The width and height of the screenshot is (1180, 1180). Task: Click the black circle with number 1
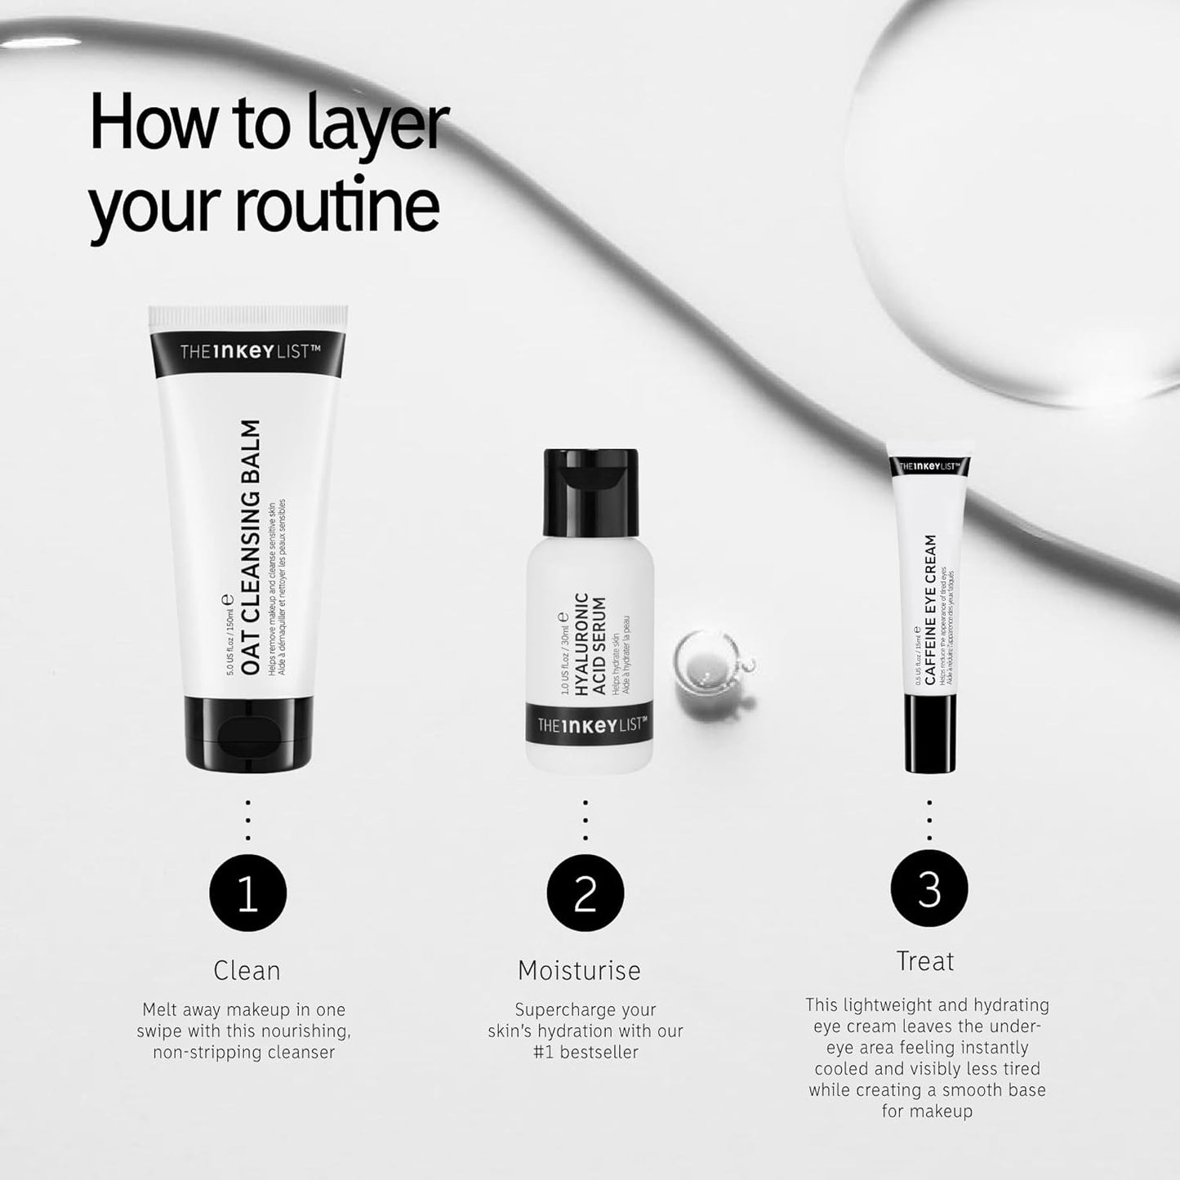click(x=247, y=893)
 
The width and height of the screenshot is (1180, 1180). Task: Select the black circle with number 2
click(x=586, y=893)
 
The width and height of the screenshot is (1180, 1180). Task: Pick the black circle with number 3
click(x=928, y=888)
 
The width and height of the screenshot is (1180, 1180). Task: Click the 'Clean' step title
click(x=247, y=970)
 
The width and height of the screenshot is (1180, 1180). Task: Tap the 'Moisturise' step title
click(x=579, y=970)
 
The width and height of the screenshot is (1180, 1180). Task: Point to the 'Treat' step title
click(x=924, y=961)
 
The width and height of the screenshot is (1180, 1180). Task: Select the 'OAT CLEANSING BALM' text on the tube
click(x=251, y=547)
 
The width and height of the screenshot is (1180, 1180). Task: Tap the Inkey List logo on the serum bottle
click(x=592, y=724)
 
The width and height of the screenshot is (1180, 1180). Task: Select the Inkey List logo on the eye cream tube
click(x=929, y=466)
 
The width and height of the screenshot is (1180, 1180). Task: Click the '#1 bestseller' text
click(x=586, y=1053)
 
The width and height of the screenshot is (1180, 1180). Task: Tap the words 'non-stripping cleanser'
click(x=243, y=1053)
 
